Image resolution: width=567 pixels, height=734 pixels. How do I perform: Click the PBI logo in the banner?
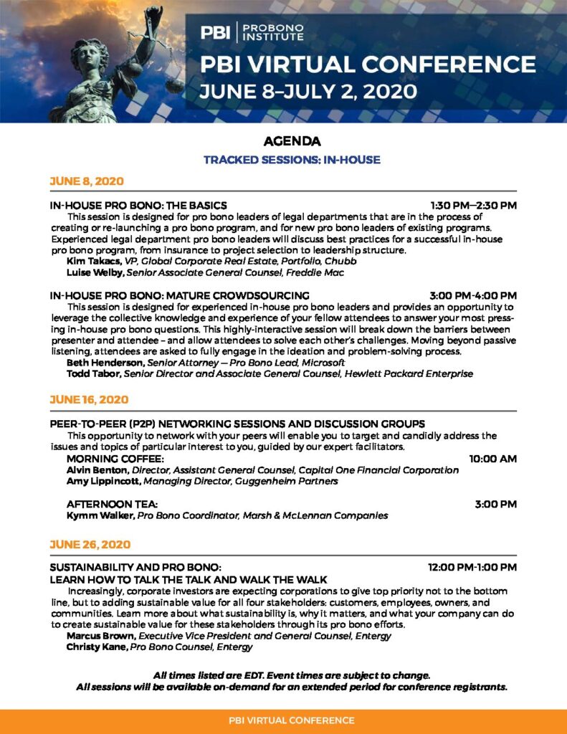[215, 32]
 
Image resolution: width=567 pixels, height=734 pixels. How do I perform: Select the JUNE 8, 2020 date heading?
[87, 181]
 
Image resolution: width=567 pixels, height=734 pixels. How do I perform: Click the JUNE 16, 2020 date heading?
[89, 399]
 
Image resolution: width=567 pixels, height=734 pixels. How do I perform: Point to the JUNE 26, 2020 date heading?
[90, 545]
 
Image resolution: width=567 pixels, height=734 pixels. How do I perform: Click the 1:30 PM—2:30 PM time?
[473, 205]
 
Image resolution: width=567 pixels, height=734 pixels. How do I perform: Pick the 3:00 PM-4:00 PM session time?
[473, 295]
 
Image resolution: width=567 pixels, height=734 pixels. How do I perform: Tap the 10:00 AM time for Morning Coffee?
[492, 458]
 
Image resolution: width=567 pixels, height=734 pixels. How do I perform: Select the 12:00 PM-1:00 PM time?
[472, 567]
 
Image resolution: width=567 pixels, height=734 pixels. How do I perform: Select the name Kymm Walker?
[100, 515]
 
